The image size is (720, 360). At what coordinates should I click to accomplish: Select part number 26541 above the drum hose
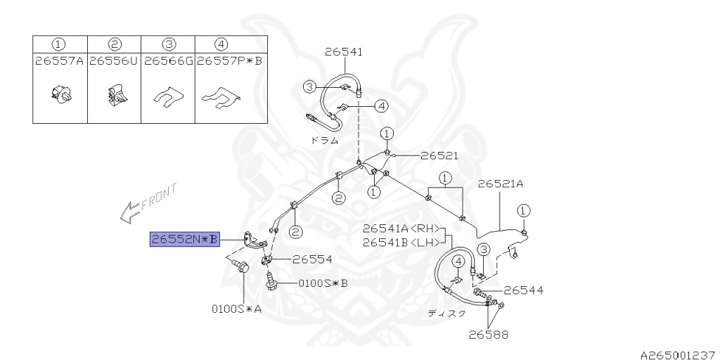tap(344, 51)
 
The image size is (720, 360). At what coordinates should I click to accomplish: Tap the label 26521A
tap(501, 184)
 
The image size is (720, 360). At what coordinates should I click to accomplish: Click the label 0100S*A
tap(236, 308)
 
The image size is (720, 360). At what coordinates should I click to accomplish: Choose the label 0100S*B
tap(323, 284)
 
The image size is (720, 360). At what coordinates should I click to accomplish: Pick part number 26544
tap(523, 290)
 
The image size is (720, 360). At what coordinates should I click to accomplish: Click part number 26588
tap(489, 335)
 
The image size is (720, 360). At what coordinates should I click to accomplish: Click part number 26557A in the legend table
tap(59, 61)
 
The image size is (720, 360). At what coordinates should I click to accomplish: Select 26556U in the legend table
tap(114, 61)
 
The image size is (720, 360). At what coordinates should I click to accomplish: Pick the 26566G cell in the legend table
tap(168, 61)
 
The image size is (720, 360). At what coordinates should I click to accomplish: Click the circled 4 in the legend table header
tap(221, 44)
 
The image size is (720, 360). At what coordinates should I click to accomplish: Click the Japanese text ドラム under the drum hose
tap(325, 140)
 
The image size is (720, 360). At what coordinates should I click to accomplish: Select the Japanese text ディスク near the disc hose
tap(446, 314)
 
